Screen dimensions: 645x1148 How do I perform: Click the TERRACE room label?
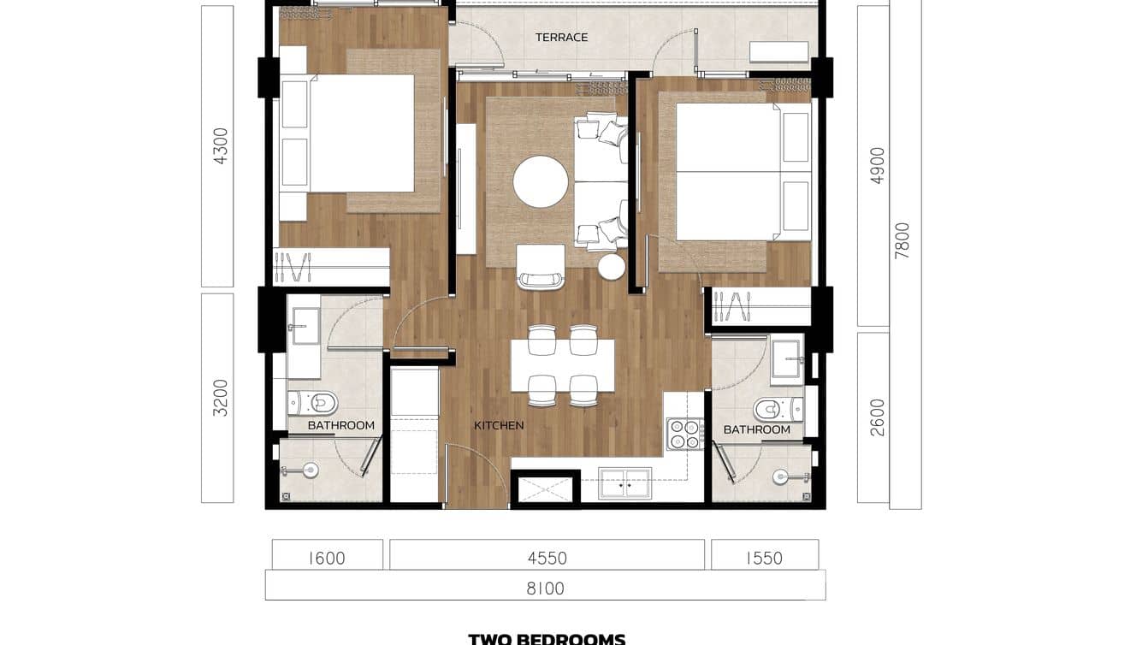(561, 37)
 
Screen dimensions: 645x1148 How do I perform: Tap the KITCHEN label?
(499, 425)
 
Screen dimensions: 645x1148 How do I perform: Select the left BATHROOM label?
(340, 425)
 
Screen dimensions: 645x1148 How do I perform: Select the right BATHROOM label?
(756, 429)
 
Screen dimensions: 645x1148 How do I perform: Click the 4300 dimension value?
(221, 145)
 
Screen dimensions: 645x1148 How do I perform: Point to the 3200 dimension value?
(221, 398)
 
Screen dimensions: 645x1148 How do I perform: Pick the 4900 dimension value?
(877, 165)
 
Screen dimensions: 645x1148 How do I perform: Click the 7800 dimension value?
(902, 240)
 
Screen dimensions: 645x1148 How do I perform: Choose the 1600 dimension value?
(326, 559)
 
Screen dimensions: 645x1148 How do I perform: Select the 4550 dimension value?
(547, 559)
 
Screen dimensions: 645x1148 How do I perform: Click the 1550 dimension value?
(764, 559)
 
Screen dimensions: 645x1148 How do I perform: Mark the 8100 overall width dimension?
(545, 589)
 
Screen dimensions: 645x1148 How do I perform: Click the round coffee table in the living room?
(541, 181)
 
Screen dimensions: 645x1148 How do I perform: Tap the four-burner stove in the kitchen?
(683, 434)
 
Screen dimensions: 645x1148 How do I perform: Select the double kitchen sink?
(624, 483)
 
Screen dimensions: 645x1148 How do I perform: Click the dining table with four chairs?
(562, 365)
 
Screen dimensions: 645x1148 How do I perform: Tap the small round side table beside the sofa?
(612, 268)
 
